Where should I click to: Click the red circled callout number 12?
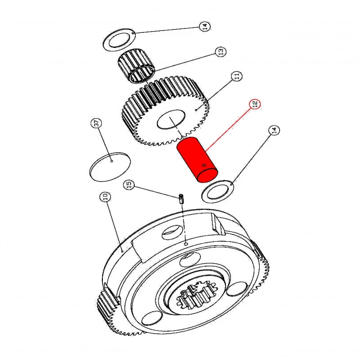point(255,104)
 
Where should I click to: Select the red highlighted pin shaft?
point(197,159)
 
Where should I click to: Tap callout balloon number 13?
point(221,51)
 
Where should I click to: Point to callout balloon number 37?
point(96,123)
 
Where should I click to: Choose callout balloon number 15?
point(129,184)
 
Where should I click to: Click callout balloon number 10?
point(105,197)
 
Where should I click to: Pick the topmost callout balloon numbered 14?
point(205,26)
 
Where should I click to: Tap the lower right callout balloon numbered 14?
point(274,131)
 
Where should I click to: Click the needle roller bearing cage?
point(136,66)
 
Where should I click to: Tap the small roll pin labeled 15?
point(182,199)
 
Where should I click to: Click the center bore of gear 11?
point(171,119)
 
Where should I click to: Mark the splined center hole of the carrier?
point(197,295)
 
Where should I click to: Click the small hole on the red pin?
point(204,165)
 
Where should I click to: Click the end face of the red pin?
point(208,175)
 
